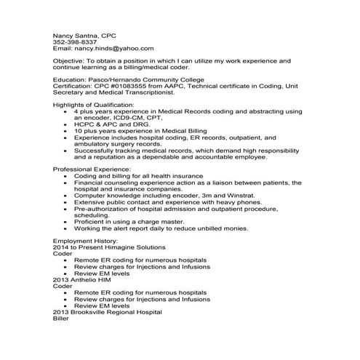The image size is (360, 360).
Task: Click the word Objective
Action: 68,61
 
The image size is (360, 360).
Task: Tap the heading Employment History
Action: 85,241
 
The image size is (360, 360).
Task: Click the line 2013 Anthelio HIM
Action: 84,279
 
